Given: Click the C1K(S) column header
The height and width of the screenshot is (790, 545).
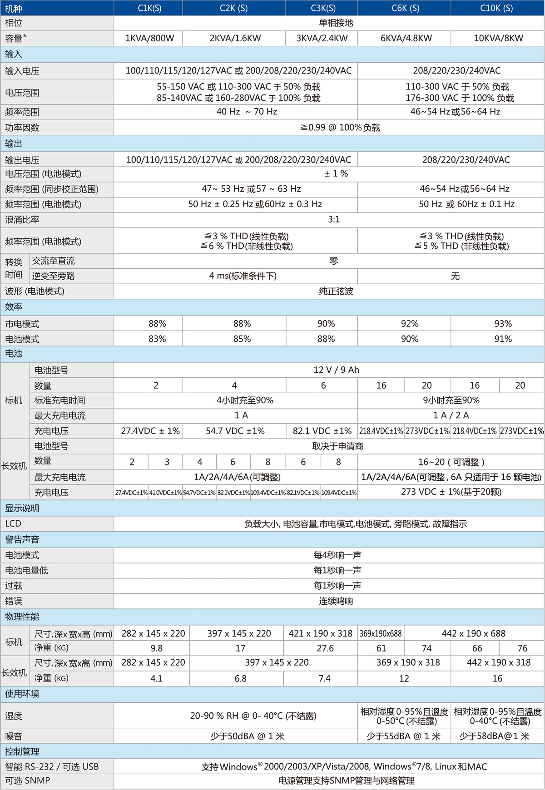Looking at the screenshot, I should point(149,8).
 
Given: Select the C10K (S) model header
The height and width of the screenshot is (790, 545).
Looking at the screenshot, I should point(496,8).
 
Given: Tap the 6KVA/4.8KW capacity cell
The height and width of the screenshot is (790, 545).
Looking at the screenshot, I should point(406,39).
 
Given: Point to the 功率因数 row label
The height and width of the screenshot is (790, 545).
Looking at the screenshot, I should point(22,128).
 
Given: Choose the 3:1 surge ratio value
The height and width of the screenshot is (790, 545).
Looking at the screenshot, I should point(334,220).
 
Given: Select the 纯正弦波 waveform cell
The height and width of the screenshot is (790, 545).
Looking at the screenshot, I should point(336,291).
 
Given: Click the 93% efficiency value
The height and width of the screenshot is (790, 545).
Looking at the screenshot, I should point(503,324).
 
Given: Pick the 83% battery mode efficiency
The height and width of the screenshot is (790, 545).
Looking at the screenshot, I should point(157,339).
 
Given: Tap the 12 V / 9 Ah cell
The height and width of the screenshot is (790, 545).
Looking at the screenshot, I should point(336,370).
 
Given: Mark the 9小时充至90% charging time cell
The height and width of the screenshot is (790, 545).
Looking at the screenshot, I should point(451,400).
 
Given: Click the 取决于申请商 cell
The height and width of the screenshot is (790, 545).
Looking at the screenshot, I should point(337,446).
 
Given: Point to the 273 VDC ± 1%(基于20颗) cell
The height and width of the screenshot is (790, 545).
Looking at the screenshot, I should point(451,492).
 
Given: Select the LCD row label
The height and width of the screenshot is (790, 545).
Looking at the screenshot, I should point(13,524).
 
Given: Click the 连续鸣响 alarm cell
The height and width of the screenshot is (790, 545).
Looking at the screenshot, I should point(336,601).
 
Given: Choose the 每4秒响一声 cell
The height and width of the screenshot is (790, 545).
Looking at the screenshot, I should point(337,555).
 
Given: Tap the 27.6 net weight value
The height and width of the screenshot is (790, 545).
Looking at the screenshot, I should point(325,648).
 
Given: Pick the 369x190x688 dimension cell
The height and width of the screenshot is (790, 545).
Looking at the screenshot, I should point(381,633).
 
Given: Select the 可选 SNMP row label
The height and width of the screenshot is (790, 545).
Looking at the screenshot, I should point(27,781).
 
